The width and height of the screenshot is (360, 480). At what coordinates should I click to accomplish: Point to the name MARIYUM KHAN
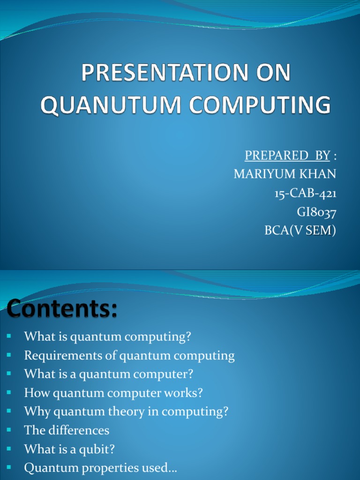[x=285, y=174]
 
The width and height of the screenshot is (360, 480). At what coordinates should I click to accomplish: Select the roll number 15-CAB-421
[x=305, y=193]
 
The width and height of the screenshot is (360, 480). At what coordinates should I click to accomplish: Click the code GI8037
[x=316, y=212]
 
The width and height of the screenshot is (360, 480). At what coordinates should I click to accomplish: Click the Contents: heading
[x=62, y=310]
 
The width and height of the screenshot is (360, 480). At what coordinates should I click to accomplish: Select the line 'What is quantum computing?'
[x=108, y=337]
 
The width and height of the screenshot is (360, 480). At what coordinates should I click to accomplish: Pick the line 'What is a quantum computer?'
[x=109, y=375]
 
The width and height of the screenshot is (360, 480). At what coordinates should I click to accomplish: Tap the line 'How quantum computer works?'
[x=113, y=393]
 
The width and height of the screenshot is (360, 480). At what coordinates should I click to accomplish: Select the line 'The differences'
[x=67, y=430]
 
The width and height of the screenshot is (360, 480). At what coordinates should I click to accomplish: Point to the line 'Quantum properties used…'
[x=100, y=468]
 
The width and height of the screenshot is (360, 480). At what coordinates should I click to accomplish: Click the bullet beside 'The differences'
[x=9, y=429]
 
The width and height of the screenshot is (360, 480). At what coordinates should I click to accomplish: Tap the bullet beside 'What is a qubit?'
[x=9, y=448]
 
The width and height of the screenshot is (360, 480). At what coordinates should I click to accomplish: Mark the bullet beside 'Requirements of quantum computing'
[x=9, y=355]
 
